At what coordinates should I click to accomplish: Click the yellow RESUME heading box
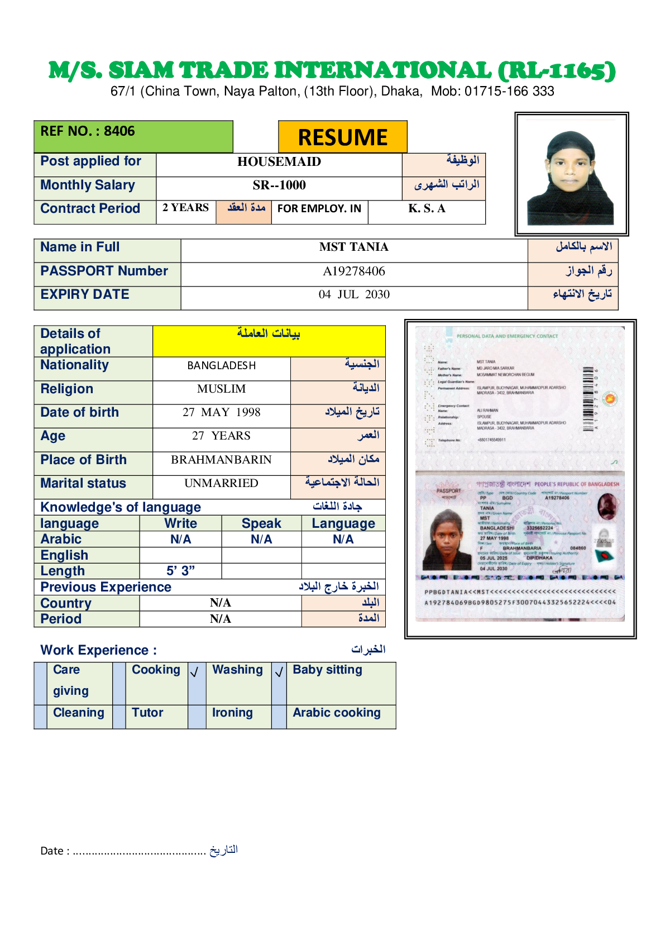pos(342,137)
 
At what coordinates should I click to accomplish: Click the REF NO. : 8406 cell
pos(88,132)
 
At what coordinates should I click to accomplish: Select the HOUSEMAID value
pos(279,162)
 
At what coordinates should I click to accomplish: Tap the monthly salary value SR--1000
pos(279,185)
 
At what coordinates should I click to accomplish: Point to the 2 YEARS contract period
pos(185,208)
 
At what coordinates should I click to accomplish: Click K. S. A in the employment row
pos(427,209)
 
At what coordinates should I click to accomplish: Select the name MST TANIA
pos(353,247)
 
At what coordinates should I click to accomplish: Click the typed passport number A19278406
pos(353,271)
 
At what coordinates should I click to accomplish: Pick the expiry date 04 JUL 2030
pos(353,295)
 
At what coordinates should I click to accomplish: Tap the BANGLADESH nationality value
pos(221,366)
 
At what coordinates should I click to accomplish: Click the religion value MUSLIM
pos(221,389)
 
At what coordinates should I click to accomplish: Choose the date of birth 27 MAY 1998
pos(221,413)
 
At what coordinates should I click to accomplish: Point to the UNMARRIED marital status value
pos(221,484)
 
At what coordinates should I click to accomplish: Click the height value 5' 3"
pos(180,571)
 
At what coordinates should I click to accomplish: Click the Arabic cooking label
pos(336,713)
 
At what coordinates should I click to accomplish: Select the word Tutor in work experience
pos(147,713)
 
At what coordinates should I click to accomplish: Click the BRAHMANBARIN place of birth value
pos(221,460)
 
